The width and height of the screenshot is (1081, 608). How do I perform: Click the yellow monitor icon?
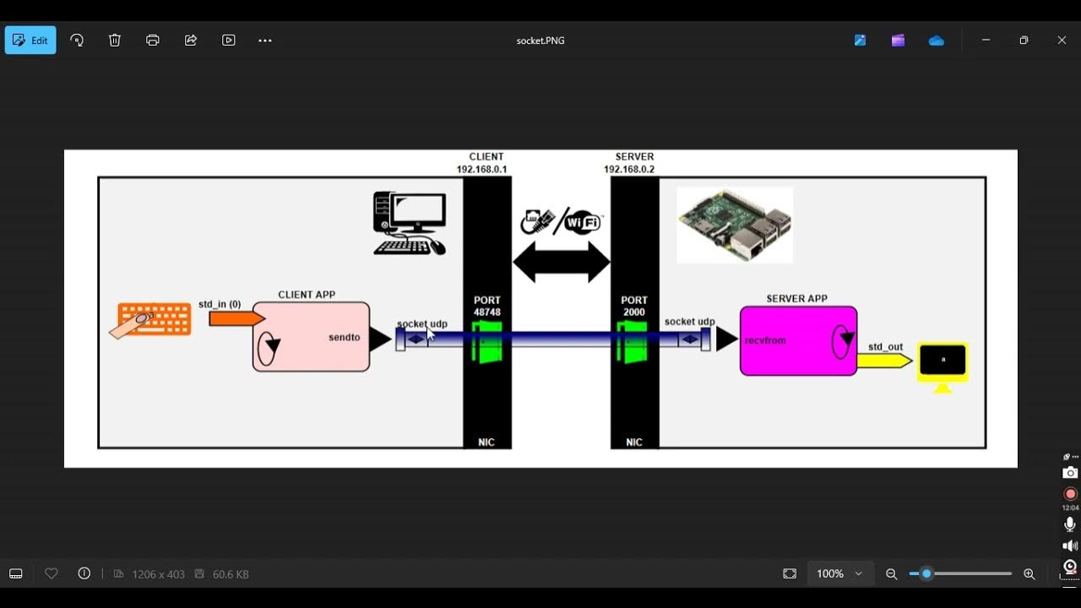pos(942,363)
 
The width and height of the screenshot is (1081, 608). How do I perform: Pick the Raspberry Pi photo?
pos(735,225)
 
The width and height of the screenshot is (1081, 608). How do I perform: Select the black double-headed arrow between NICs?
pos(562,262)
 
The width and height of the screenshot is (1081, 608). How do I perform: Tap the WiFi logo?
pos(582,222)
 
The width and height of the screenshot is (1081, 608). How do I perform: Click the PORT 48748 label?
pos(487,306)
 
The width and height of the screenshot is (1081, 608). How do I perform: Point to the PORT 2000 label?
pos(634,306)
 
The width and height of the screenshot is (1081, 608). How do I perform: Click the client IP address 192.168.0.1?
pos(482,170)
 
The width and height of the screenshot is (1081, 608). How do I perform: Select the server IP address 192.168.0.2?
pos(629,170)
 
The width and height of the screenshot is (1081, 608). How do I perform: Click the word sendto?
pos(345,338)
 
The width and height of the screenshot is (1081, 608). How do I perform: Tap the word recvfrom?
pos(765,340)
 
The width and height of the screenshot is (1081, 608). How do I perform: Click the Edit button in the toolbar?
pos(30,41)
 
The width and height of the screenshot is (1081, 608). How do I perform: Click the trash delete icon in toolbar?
pos(115,41)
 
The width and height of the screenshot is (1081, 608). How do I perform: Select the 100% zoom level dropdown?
pos(839,573)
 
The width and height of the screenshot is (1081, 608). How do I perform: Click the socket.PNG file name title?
pos(540,41)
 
